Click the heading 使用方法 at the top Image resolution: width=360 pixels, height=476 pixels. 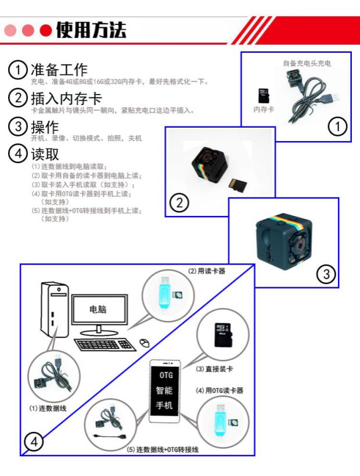click(91, 30)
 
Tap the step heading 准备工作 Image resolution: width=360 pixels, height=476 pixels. click(59, 70)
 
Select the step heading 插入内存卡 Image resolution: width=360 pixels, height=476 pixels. click(66, 98)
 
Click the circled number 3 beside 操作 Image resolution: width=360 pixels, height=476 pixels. click(18, 127)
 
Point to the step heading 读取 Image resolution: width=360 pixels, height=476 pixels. click(45, 154)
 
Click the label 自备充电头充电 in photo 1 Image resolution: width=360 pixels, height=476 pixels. click(307, 63)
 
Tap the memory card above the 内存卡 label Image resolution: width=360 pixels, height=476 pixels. click(264, 96)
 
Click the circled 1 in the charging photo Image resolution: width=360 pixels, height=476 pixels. click(337, 127)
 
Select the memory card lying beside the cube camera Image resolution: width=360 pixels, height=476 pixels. click(237, 185)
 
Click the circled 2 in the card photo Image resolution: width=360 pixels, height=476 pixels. click(179, 203)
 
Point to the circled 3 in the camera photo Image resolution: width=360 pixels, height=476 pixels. click(326, 274)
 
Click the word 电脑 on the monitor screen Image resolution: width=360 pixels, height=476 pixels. click(98, 309)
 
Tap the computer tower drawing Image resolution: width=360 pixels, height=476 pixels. click(55, 309)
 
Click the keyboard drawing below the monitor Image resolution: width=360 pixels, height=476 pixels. click(105, 345)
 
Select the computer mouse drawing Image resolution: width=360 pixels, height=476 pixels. click(145, 342)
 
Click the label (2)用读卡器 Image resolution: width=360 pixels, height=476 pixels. click(207, 271)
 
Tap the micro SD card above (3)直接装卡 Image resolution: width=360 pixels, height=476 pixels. click(223, 335)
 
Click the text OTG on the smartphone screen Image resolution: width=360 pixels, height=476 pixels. click(166, 375)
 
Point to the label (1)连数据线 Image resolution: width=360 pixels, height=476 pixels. click(48, 408)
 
